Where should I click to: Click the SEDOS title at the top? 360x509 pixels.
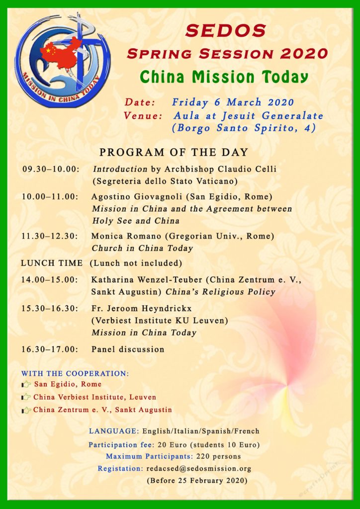226,30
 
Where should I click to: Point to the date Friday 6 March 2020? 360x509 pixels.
233,102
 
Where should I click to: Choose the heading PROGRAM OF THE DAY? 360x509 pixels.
174,152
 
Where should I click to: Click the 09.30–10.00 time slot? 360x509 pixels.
51,169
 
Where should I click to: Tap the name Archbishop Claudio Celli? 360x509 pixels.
224,169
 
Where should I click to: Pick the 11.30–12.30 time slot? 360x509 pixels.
50,236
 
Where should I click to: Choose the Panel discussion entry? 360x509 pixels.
127,349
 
